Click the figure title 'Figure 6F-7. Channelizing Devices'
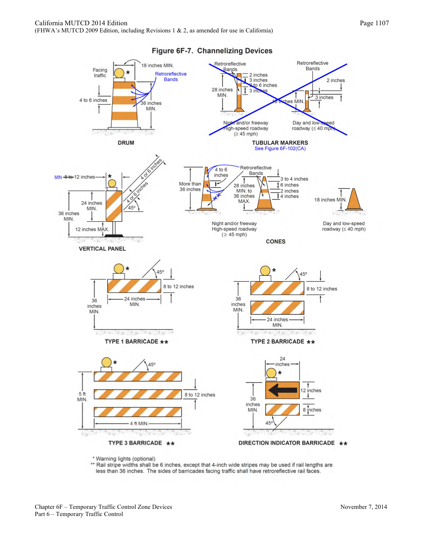click(x=212, y=51)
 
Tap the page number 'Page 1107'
click(x=374, y=23)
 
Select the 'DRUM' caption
click(x=126, y=143)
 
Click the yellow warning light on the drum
click(x=119, y=73)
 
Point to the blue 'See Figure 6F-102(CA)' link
click(x=280, y=149)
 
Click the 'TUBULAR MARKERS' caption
click(x=280, y=142)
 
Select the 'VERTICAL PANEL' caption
click(x=102, y=249)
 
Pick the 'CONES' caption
click(x=276, y=242)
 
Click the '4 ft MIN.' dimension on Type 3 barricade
click(x=139, y=424)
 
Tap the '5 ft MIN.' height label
click(x=82, y=397)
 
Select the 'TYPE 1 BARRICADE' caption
click(x=132, y=341)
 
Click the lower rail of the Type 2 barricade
click(x=277, y=308)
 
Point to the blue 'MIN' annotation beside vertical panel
click(x=58, y=177)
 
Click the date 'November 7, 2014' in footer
click(x=363, y=507)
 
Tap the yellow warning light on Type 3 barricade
click(x=107, y=362)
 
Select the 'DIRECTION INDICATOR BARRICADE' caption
click(x=286, y=443)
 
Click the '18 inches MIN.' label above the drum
click(x=157, y=66)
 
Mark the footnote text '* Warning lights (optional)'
click(x=124, y=459)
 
